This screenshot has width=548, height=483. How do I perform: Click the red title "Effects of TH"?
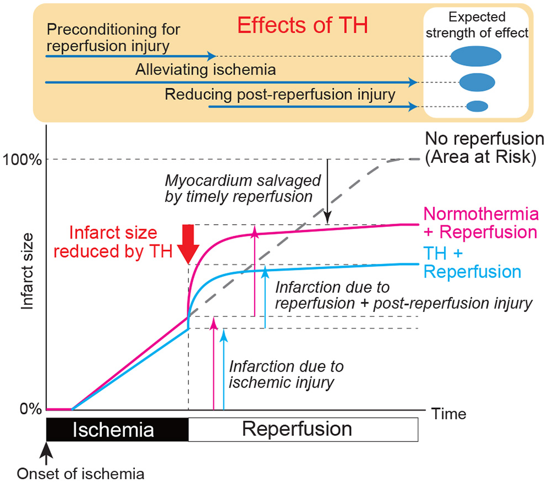coord(302,25)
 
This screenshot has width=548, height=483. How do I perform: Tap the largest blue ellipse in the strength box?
coord(476,56)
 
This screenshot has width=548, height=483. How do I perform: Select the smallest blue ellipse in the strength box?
coord(477,105)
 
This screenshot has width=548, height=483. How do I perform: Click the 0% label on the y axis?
coord(31,410)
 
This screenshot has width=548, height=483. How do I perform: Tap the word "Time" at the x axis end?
coord(449,414)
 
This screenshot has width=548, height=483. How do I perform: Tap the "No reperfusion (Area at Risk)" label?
coord(484,147)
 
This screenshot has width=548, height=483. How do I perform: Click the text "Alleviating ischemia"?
coord(205,71)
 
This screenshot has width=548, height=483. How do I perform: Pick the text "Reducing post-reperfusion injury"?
coord(280,95)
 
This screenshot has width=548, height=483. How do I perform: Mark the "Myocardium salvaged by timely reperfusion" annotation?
coord(239,189)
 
